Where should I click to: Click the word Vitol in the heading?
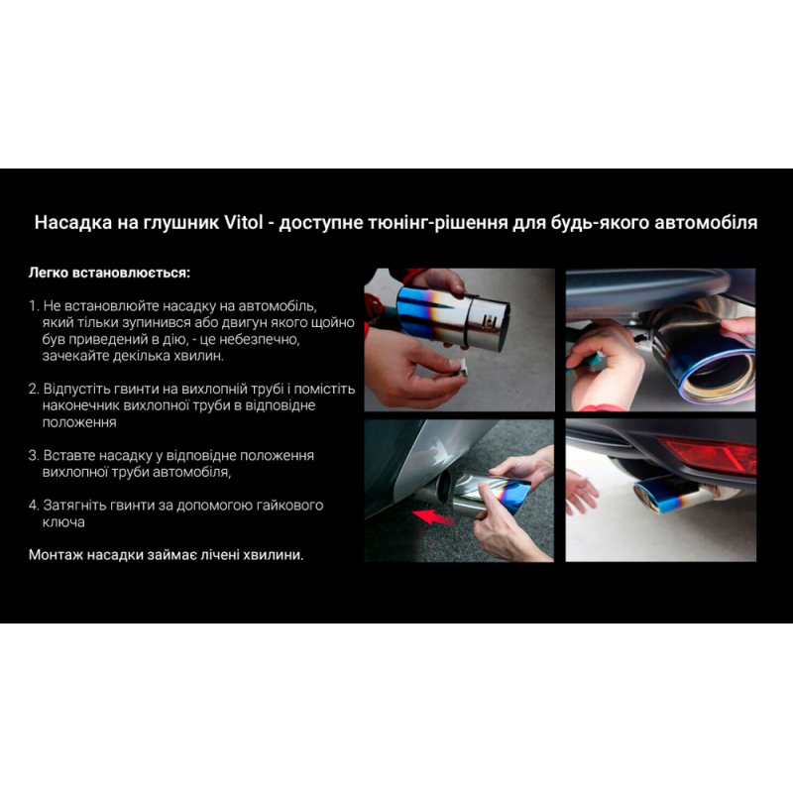coord(243,222)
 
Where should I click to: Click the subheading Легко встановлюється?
coord(109,273)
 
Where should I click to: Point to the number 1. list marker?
coord(34,306)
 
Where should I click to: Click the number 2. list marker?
coord(34,389)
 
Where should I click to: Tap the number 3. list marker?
coord(34,455)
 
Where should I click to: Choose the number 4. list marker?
coord(34,505)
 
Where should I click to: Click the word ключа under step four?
coord(63,522)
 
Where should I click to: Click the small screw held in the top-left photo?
coord(458,366)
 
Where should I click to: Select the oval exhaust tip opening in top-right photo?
coord(717,374)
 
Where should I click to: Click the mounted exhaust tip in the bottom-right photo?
coord(673,493)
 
